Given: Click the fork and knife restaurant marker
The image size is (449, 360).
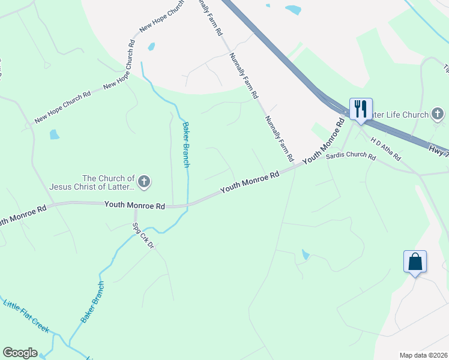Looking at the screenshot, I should click(361, 109).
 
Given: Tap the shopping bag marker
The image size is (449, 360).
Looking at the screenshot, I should click(415, 262).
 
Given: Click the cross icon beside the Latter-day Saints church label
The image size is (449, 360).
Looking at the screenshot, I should click(143, 181).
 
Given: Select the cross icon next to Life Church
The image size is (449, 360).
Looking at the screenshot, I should click(438, 114).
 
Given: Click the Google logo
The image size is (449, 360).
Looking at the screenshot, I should click(20, 353).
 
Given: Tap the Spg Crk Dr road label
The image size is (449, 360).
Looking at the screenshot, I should click(144, 236).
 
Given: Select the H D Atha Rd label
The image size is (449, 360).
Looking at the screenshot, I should click(385, 149).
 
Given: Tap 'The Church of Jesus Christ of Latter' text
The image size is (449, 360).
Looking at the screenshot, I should click(109, 182).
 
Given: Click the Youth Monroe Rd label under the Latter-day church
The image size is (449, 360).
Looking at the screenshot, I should click(134, 205).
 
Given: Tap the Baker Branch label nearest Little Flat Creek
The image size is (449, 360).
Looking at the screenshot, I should click(92, 302).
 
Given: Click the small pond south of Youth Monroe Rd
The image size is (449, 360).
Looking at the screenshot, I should click(306, 255).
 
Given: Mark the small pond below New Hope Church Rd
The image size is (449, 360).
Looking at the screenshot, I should click(55, 134).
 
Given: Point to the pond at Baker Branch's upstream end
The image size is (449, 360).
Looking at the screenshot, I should click(151, 46).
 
